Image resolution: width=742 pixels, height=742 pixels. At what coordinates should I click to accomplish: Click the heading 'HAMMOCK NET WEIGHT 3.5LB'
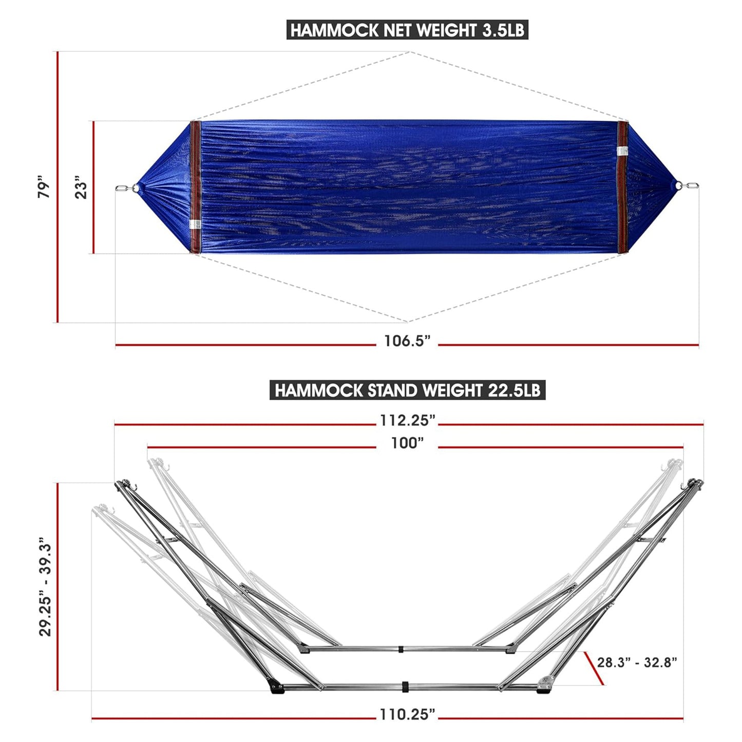[407, 30]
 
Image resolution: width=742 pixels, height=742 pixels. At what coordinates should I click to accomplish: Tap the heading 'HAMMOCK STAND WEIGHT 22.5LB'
[407, 390]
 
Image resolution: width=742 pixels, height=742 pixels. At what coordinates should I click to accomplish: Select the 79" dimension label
[45, 188]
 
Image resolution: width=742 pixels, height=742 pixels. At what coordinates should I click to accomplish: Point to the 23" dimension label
[81, 188]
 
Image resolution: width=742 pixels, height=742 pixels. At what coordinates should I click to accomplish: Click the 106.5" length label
[407, 340]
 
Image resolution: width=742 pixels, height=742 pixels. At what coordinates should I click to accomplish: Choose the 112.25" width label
[407, 420]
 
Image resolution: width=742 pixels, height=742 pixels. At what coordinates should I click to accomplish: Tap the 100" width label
[407, 443]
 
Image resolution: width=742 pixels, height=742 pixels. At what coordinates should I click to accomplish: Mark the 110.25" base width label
[407, 714]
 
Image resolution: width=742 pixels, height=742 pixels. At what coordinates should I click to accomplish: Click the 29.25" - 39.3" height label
[45, 587]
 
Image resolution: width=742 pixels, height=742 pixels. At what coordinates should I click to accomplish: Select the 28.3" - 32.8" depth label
[637, 662]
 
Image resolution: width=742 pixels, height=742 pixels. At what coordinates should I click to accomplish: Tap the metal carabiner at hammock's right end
[691, 186]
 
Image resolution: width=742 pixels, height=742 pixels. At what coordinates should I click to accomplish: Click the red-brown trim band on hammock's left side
[195, 188]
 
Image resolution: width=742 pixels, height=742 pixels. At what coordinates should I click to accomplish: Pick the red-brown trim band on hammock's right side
[623, 188]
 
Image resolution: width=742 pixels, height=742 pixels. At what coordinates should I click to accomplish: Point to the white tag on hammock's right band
[623, 150]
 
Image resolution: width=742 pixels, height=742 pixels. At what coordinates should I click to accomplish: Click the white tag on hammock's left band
[195, 224]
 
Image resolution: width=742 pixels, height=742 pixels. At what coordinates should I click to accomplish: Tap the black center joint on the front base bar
[405, 687]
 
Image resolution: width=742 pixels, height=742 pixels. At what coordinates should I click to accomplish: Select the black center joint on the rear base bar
[401, 649]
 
